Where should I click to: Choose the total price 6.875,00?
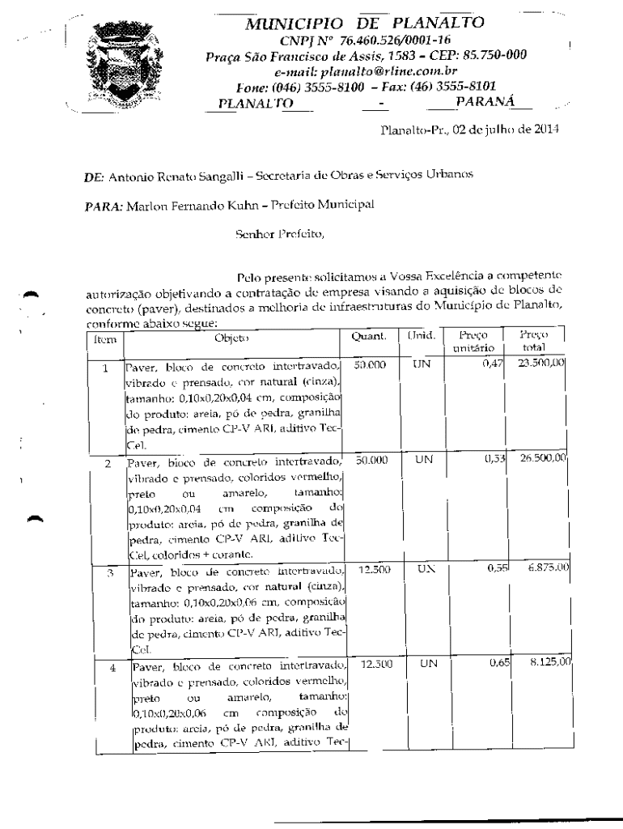coord(541,570)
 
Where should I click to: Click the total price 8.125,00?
coord(541,641)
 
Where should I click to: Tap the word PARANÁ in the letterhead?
coord(486,100)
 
